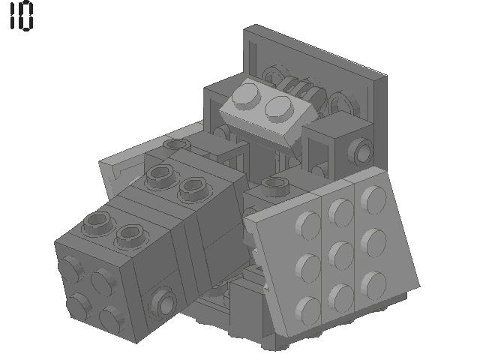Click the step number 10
(x=21, y=16)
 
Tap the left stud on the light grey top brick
(x=246, y=95)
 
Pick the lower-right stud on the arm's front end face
(x=112, y=315)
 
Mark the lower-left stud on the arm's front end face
(x=77, y=303)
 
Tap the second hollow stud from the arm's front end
(x=130, y=232)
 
